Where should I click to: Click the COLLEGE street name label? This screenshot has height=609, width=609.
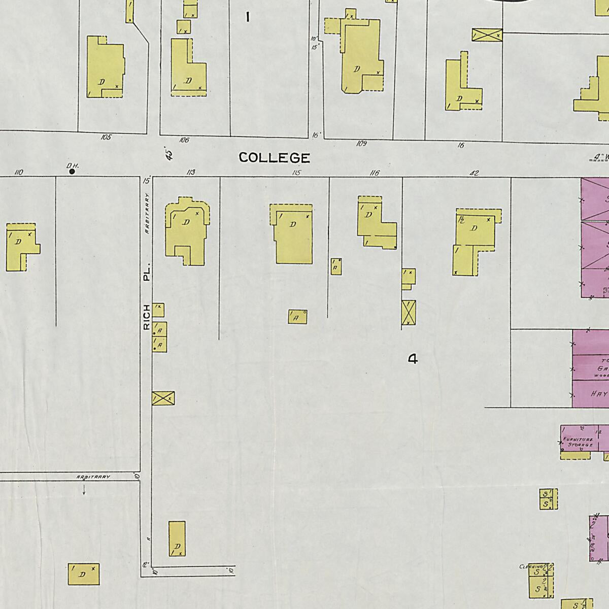(x=274, y=158)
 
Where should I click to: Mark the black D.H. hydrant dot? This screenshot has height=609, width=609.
(x=72, y=172)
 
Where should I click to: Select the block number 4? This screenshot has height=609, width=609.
(x=413, y=359)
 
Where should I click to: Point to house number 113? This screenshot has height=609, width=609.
(x=191, y=173)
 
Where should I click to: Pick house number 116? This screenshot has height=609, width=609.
(x=374, y=173)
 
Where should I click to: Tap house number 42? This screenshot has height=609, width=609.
(x=474, y=173)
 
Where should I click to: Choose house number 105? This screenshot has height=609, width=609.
(x=106, y=137)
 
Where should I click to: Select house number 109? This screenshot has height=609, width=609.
(x=361, y=144)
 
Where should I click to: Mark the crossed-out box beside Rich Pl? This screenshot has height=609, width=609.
(x=163, y=398)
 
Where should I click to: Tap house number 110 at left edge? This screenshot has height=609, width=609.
(x=19, y=173)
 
